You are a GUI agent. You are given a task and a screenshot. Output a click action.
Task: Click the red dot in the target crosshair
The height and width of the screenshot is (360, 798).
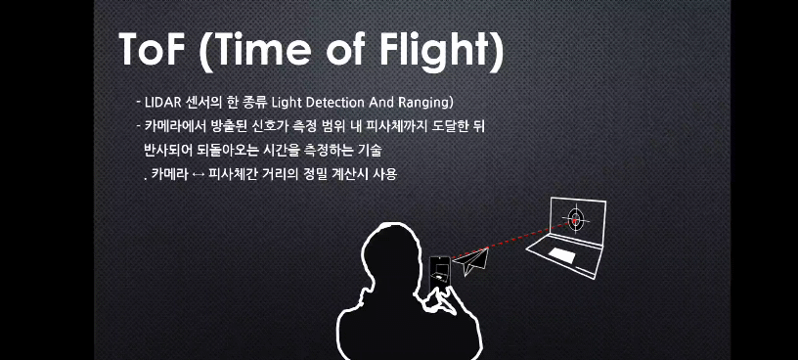click(576, 220)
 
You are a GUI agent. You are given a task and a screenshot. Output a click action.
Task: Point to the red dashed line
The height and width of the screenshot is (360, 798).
click(511, 240)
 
